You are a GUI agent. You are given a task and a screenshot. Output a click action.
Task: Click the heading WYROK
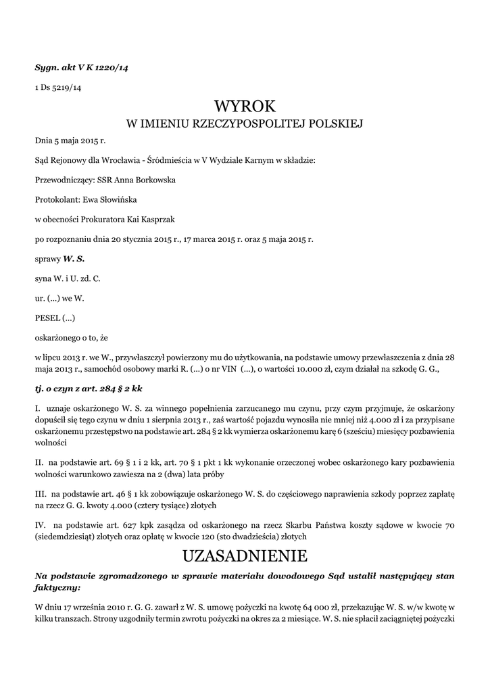click(245, 106)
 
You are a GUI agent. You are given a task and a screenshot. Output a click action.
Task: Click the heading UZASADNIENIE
click(245, 556)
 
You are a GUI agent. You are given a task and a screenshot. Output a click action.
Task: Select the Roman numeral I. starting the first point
click(38, 409)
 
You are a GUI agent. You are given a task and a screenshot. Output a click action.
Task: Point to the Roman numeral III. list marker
click(41, 494)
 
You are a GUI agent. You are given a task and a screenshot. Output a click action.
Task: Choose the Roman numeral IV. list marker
click(41, 525)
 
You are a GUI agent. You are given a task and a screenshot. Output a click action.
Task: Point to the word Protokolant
click(56, 199)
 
